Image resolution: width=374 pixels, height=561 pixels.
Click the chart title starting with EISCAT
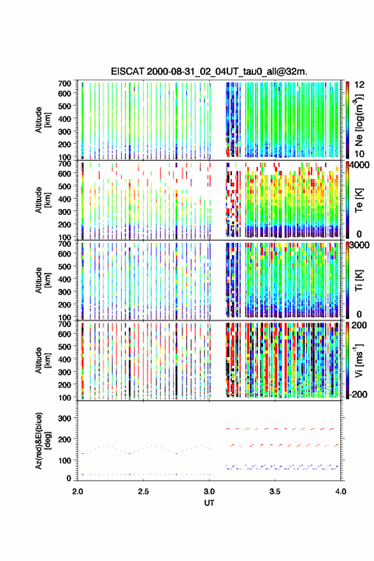click(x=209, y=71)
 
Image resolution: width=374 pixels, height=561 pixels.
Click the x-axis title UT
click(x=209, y=503)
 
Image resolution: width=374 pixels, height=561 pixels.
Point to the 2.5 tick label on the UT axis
click(x=143, y=492)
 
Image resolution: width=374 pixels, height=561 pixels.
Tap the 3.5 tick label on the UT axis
click(x=275, y=492)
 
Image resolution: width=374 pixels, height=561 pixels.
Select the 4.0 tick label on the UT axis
click(x=341, y=492)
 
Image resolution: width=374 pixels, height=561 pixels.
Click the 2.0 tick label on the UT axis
click(x=78, y=492)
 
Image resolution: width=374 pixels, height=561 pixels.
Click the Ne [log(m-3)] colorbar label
click(x=359, y=120)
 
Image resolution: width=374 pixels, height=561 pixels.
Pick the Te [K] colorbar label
click(x=359, y=200)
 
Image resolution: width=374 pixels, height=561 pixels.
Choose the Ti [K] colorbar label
click(x=359, y=280)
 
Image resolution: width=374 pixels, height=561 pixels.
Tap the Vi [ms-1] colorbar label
click(x=359, y=360)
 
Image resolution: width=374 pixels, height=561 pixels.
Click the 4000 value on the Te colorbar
click(x=360, y=166)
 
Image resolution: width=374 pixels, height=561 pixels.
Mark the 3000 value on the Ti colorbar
click(x=360, y=245)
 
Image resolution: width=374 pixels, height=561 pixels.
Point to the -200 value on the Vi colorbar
click(x=358, y=394)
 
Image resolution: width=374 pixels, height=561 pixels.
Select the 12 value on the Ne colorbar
click(x=359, y=85)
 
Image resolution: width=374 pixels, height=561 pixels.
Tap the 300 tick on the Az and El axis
click(x=65, y=418)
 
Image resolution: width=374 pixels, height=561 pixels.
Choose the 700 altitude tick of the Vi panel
click(x=65, y=324)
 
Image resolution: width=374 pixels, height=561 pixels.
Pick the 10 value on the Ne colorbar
click(x=359, y=154)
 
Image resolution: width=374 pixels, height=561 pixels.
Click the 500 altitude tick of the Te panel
click(x=65, y=186)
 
